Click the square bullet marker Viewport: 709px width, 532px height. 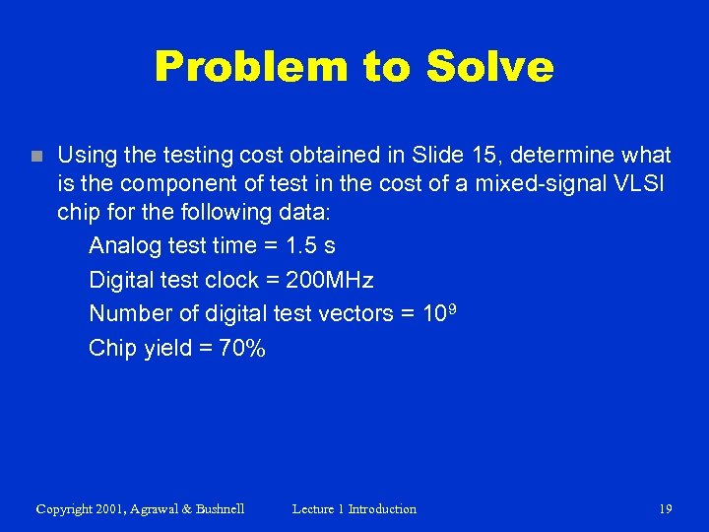pyautogui.click(x=36, y=156)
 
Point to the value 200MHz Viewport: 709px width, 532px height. pyautogui.click(x=329, y=280)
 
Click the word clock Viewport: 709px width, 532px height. pyautogui.click(x=232, y=280)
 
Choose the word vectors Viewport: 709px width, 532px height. pyautogui.click(x=354, y=313)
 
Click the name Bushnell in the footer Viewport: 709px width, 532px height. pyautogui.click(x=216, y=509)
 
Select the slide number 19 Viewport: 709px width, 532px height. pyautogui.click(x=665, y=509)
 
